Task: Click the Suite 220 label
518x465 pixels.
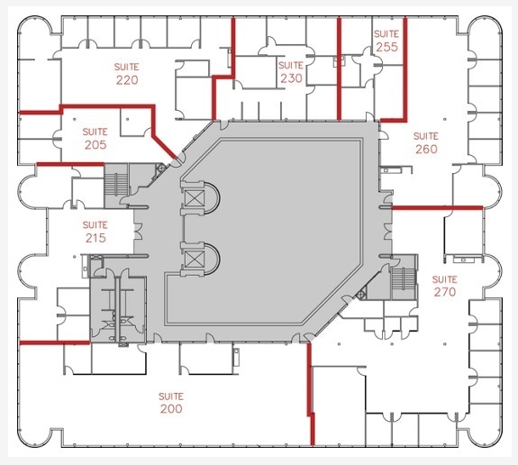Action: (x=127, y=73)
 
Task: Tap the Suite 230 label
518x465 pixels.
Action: (x=291, y=72)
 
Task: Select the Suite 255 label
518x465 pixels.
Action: (x=386, y=41)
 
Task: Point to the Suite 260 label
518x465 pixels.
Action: (x=426, y=142)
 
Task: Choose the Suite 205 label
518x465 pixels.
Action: (x=95, y=138)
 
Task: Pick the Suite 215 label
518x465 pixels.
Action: (x=95, y=232)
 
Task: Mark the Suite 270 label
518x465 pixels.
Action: (x=444, y=285)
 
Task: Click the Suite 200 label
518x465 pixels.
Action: (x=171, y=402)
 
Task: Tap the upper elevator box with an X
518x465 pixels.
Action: (x=194, y=196)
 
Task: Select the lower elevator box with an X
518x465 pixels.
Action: (x=194, y=262)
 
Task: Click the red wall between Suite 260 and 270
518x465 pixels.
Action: (x=438, y=207)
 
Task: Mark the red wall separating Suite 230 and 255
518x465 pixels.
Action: (x=339, y=68)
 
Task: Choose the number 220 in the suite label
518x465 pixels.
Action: (x=127, y=80)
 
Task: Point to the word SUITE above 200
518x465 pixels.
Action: (x=171, y=396)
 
